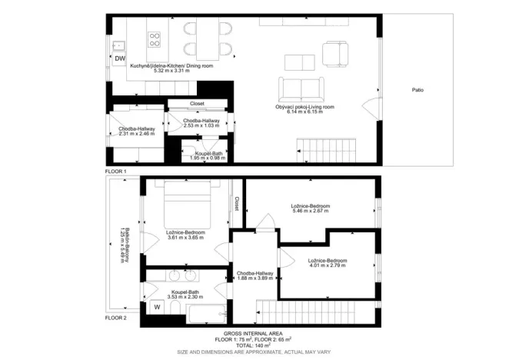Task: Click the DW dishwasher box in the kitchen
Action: [x=119, y=58]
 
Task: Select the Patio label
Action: [x=418, y=90]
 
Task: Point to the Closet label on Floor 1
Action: [x=198, y=103]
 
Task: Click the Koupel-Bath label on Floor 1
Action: [x=207, y=153]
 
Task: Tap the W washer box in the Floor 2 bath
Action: [x=158, y=307]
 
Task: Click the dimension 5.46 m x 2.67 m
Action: [x=310, y=211]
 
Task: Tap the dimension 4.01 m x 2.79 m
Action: [x=328, y=265]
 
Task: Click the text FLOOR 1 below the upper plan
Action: [x=116, y=171]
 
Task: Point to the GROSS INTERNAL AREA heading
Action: [x=254, y=333]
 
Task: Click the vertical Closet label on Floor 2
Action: [x=237, y=203]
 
